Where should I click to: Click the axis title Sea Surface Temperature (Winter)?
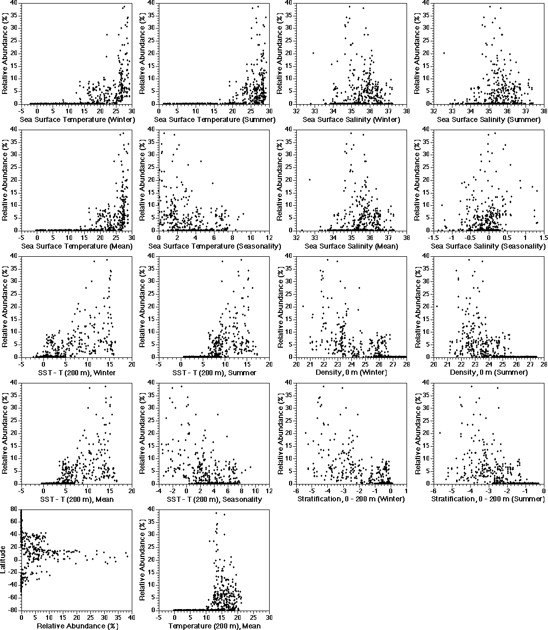point(77,119)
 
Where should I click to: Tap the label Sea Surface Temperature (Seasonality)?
point(215,246)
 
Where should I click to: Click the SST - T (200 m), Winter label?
point(77,373)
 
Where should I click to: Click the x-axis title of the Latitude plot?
point(77,626)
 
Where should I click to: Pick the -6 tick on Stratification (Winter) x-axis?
point(296,491)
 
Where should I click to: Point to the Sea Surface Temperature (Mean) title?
point(77,246)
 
